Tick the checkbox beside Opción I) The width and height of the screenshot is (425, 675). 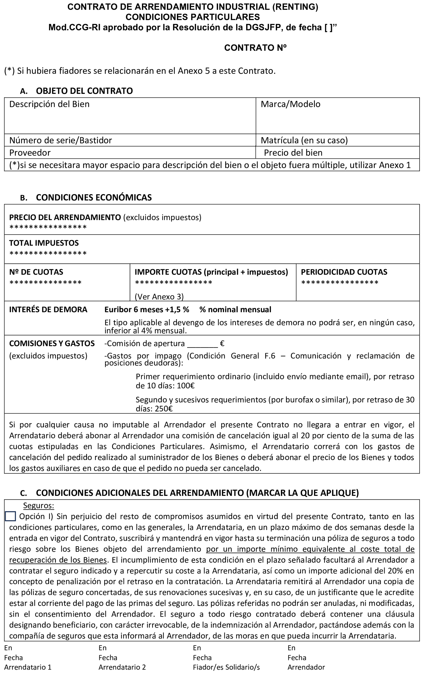pos(10,516)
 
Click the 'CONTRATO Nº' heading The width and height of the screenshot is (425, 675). pos(255,48)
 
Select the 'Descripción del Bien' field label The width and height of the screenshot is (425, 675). pos(49,104)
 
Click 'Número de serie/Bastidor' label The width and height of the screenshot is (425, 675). pos(61,140)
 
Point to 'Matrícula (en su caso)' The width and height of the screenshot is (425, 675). pos(304,140)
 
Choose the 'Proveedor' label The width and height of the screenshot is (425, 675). pos(30,153)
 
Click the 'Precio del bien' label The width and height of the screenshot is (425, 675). pos(293,153)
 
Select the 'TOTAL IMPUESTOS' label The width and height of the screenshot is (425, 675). pos(44,243)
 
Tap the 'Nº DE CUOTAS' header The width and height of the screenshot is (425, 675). pos(36,272)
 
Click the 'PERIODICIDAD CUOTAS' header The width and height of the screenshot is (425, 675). pos(344,272)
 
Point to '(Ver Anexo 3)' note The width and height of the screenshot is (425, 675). pos(159,297)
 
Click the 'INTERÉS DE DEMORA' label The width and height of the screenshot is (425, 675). pos(48,310)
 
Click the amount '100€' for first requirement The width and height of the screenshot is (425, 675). pos(186,386)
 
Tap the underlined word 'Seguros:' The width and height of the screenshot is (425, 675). pos(38,506)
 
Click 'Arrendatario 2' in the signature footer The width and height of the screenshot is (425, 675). pos(122,667)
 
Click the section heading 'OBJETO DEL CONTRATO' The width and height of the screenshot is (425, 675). pos(84,91)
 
